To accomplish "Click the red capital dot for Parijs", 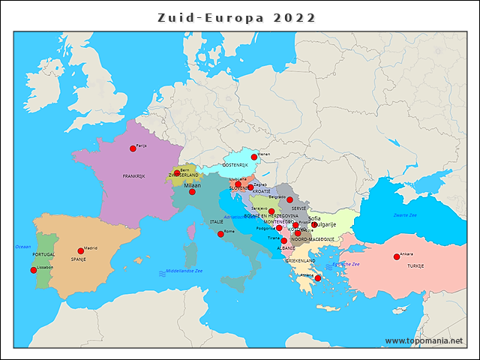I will tap(133, 148).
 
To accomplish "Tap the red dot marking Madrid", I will tap(81, 251).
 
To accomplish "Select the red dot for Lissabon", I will tap(33, 270).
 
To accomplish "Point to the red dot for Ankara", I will tap(397, 257).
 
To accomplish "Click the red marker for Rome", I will tap(220, 234).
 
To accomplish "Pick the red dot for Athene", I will tap(318, 278).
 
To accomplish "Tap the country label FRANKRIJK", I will tap(133, 176).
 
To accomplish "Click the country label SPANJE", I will tap(79, 259).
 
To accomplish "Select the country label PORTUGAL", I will tap(43, 254).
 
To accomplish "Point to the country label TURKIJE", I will tap(415, 266).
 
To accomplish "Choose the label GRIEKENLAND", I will tap(298, 260).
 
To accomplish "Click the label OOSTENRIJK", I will tap(235, 165).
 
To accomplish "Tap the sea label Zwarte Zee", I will tap(405, 215).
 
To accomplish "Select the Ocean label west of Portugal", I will tap(23, 246).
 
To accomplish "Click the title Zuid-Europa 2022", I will tap(237, 17).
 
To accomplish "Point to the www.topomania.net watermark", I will tap(424, 340).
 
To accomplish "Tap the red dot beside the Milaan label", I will tap(192, 192).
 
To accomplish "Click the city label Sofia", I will tap(314, 218).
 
